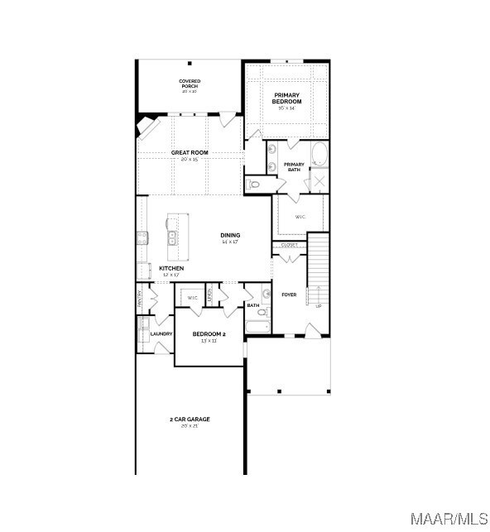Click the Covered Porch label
pos(190,84)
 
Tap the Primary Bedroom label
pos(286,98)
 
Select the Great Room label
pos(190,154)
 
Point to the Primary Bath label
pos(294,166)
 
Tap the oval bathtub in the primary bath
pos(319,154)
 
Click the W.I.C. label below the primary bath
pos(300,217)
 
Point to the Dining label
pos(230,236)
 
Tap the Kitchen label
pos(171,269)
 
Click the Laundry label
pos(161,333)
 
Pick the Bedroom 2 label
pos(209,334)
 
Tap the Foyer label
pos(289,295)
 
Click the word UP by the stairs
pos(319,306)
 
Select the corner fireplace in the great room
pos(146,128)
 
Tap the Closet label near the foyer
pos(289,245)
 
